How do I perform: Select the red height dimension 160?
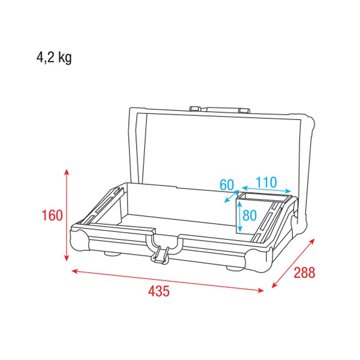coord(52,216)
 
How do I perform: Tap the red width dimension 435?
coord(159,291)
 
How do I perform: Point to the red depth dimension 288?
coord(304,273)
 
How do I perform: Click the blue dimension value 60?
coord(227,184)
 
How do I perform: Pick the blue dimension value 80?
coord(249,215)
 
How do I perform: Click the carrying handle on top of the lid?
coord(220,109)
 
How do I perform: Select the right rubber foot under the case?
coord(234,268)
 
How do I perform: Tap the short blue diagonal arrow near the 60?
coord(231,197)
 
